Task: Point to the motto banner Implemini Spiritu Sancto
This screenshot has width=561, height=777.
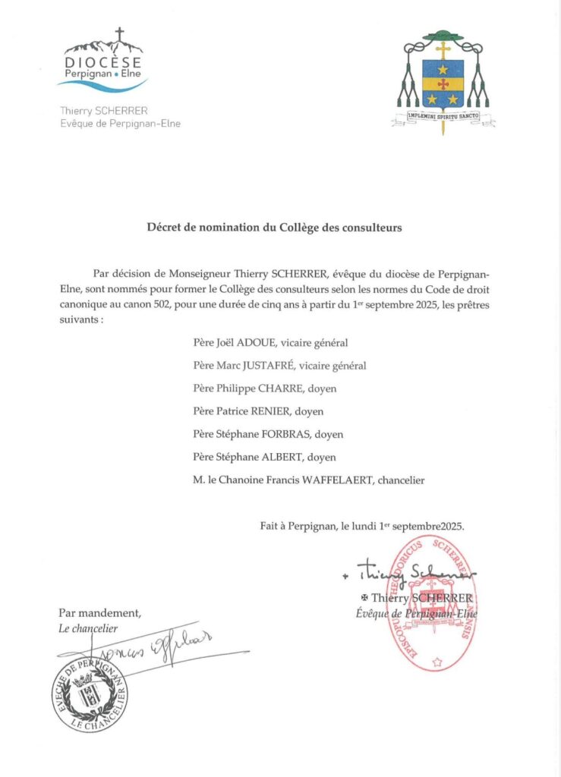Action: (x=443, y=118)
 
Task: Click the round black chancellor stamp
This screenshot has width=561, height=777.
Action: (x=90, y=693)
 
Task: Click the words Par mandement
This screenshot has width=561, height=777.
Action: (x=99, y=613)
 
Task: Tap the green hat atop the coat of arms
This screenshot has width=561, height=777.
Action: (x=443, y=35)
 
